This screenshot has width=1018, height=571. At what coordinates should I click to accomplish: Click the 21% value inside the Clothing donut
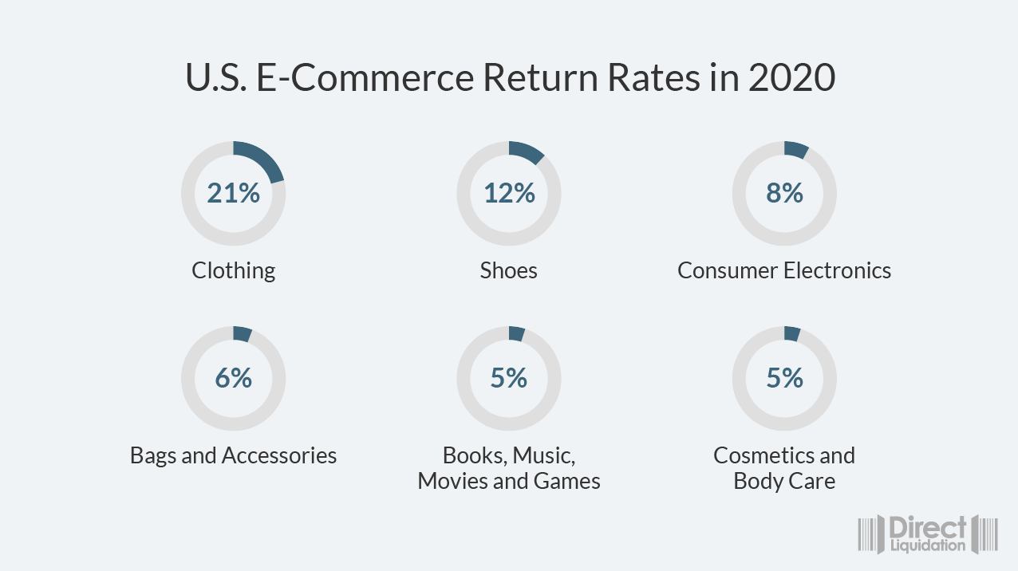[233, 193]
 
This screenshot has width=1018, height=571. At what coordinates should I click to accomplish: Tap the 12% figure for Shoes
[508, 193]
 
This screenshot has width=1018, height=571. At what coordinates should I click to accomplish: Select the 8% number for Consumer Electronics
[784, 193]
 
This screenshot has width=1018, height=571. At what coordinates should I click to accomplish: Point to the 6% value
[233, 378]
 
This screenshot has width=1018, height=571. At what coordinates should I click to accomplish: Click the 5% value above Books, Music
[508, 378]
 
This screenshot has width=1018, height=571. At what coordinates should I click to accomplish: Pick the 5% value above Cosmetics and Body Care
[784, 378]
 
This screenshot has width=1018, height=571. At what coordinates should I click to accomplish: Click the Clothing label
[233, 270]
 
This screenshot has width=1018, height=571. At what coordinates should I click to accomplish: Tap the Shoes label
[508, 270]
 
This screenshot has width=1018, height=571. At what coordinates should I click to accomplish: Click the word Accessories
[279, 455]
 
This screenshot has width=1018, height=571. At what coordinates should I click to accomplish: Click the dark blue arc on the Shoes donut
[527, 151]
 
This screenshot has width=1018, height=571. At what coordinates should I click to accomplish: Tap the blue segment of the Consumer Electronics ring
[796, 149]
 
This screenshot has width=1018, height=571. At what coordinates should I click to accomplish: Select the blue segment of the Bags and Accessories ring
[243, 334]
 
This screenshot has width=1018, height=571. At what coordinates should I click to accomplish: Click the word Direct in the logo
[927, 528]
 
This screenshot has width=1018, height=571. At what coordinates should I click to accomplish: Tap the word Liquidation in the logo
[927, 546]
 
